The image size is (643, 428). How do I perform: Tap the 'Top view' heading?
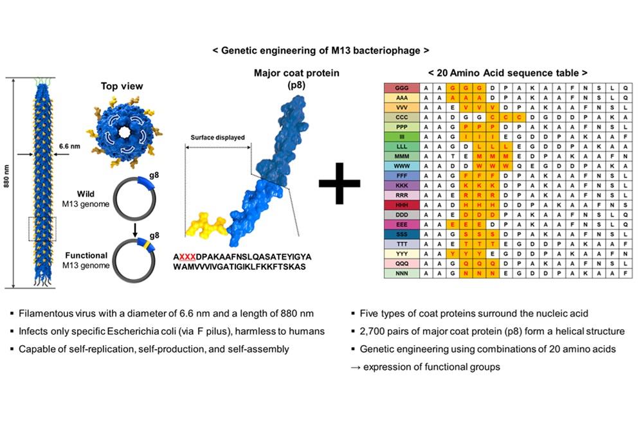point(122,86)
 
